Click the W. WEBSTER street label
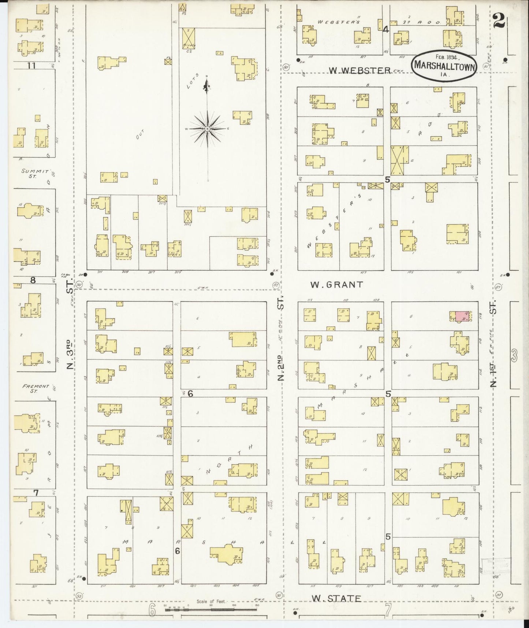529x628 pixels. [x=359, y=70]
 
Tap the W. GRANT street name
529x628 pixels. [x=336, y=284]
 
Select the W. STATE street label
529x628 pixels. [x=336, y=598]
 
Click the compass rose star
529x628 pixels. [x=207, y=129]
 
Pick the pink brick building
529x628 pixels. [x=462, y=316]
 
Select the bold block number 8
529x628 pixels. [x=33, y=280]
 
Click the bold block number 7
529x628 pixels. [x=36, y=493]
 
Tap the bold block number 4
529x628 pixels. [x=385, y=30]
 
